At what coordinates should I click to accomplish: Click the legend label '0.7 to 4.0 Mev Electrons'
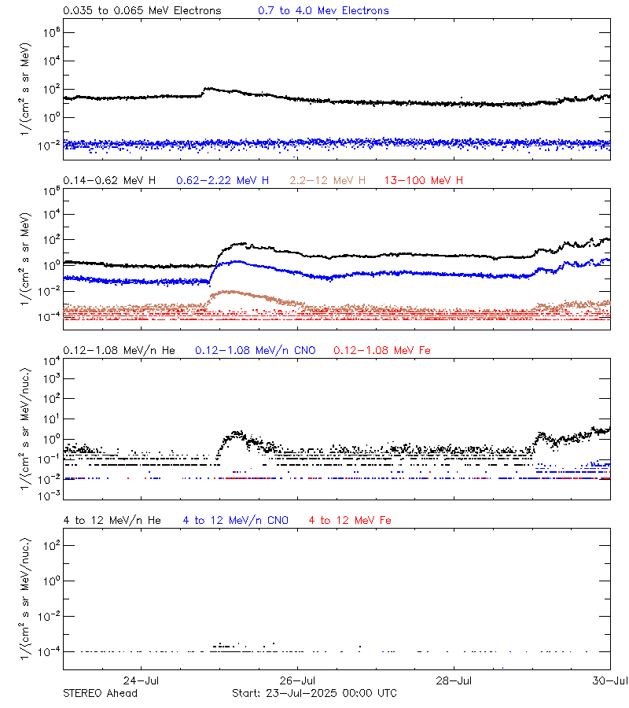click(x=323, y=11)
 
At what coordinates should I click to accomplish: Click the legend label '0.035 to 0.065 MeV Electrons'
click(x=142, y=11)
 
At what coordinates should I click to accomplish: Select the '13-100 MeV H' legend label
click(x=424, y=181)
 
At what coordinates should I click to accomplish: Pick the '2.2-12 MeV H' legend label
click(x=328, y=181)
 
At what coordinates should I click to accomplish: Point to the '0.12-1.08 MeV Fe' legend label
click(x=382, y=350)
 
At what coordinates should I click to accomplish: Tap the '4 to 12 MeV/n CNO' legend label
click(x=236, y=521)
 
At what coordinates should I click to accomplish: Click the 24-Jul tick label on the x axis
click(x=142, y=680)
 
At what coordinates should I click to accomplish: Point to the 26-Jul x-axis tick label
click(x=298, y=680)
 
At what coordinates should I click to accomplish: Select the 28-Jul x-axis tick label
click(x=454, y=680)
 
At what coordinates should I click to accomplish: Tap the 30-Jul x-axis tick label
click(x=610, y=680)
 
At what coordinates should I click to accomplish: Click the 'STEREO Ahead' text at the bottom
click(x=100, y=693)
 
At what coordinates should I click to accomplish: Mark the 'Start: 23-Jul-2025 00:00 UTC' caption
click(x=314, y=693)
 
